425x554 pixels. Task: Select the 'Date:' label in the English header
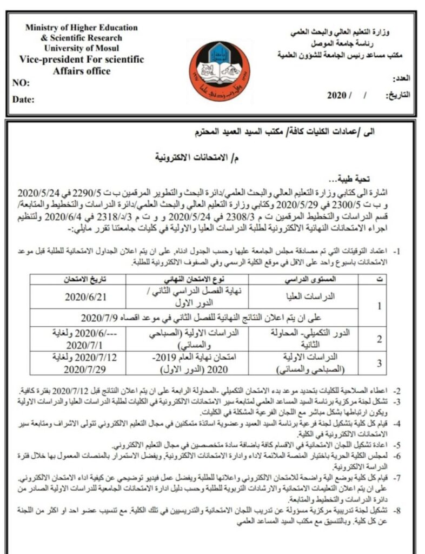[x=23, y=100]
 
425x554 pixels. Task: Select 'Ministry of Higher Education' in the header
[x=81, y=28]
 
